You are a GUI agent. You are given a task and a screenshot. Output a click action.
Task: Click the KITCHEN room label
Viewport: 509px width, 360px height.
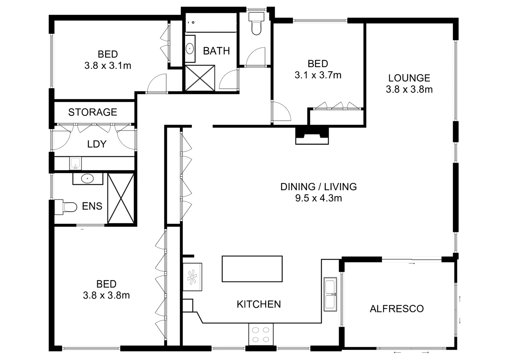point(258,304)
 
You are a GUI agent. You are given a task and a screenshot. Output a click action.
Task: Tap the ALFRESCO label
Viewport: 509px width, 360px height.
point(396,309)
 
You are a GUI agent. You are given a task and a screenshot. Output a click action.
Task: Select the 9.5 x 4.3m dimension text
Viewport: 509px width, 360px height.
point(318,198)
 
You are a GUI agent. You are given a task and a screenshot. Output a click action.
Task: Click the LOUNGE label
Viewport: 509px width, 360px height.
point(409,78)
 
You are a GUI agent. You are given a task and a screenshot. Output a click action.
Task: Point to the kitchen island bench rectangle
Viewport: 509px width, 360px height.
point(252,269)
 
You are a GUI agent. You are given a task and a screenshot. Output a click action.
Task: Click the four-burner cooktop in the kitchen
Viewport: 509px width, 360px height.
point(261,334)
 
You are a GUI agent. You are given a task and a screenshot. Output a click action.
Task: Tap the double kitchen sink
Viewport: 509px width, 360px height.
point(330,294)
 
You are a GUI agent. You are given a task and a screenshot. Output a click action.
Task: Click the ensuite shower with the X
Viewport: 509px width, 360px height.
point(121,198)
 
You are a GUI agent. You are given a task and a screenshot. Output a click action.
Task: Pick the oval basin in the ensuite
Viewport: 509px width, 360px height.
point(88,179)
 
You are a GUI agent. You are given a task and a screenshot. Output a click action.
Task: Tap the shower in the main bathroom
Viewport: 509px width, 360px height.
point(200,78)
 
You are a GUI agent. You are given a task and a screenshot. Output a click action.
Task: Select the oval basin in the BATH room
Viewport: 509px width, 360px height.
point(190,49)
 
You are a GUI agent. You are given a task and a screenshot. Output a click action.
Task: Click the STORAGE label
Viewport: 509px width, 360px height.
point(93,112)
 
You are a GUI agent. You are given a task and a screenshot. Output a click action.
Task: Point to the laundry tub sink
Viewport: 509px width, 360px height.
point(76,164)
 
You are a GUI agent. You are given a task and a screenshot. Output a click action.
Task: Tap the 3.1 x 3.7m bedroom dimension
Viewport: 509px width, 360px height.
point(318,75)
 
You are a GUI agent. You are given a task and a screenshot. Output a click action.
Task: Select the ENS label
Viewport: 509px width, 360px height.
point(92,206)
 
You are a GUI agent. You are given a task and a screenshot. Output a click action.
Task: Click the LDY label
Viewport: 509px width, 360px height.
point(97,144)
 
